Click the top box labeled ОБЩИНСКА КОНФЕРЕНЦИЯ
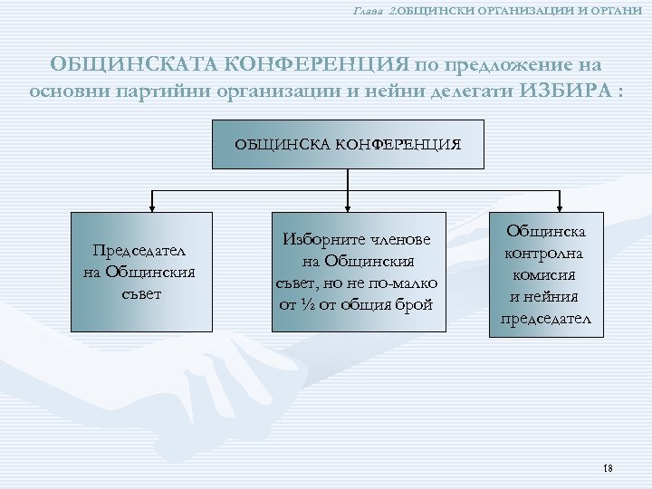(349, 143)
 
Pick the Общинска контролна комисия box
(546, 274)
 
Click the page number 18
(607, 468)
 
